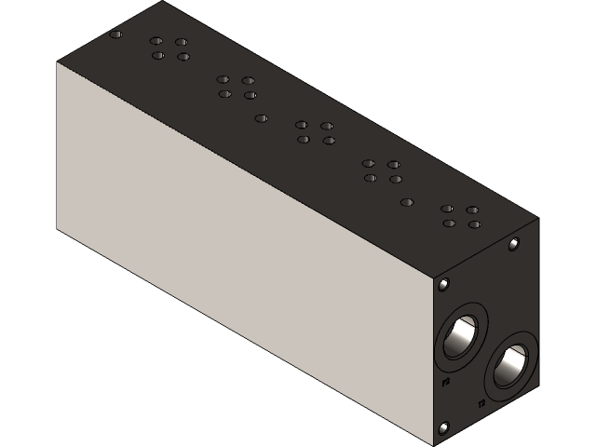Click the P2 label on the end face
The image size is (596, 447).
pyautogui.click(x=446, y=381)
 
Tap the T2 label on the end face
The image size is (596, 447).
pyautogui.click(x=481, y=403)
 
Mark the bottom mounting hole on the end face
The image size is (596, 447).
pyautogui.click(x=443, y=427)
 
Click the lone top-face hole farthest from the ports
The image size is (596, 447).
pyautogui.click(x=115, y=34)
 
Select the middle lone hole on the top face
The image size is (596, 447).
pyautogui.click(x=262, y=118)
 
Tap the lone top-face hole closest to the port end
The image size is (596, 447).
pyautogui.click(x=406, y=202)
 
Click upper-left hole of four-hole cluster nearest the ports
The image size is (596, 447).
pyautogui.click(x=447, y=209)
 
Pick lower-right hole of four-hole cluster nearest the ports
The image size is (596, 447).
pyautogui.click(x=475, y=224)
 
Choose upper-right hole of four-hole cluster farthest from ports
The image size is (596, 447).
pyautogui.click(x=182, y=42)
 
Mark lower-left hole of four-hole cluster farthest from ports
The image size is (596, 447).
pyautogui.click(x=158, y=56)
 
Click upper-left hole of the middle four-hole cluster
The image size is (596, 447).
pyautogui.click(x=302, y=125)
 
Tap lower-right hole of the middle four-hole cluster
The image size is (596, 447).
pyautogui.click(x=329, y=141)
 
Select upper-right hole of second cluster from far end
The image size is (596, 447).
pyautogui.click(x=249, y=80)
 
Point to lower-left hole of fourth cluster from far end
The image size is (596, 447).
pyautogui.click(x=371, y=178)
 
